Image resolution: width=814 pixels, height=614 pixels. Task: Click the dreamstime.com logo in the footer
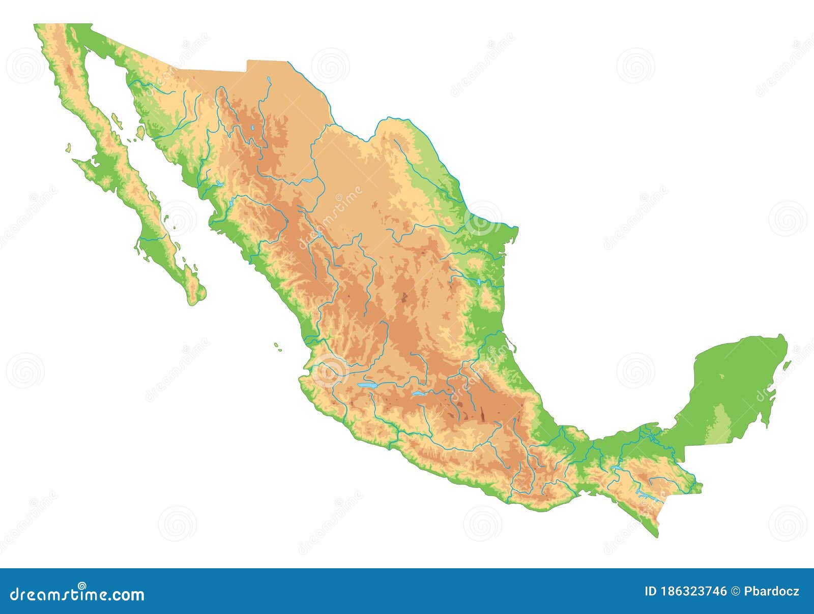77,594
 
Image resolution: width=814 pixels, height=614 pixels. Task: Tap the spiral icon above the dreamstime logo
81,585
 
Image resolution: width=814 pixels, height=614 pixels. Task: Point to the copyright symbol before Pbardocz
735,591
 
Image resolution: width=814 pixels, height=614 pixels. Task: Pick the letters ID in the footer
651,591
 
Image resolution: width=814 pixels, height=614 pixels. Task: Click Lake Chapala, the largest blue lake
367,386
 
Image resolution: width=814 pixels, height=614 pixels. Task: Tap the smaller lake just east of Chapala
418,393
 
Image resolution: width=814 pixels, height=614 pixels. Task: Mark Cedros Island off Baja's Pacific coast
67,148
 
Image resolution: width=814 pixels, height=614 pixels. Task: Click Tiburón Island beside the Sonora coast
140,132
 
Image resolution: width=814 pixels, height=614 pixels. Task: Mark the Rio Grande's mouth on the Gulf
517,227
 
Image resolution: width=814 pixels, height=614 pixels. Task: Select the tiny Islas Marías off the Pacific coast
277,346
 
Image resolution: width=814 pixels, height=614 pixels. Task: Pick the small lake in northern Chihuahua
252,129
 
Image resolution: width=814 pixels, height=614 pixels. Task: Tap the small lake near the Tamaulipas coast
479,281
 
